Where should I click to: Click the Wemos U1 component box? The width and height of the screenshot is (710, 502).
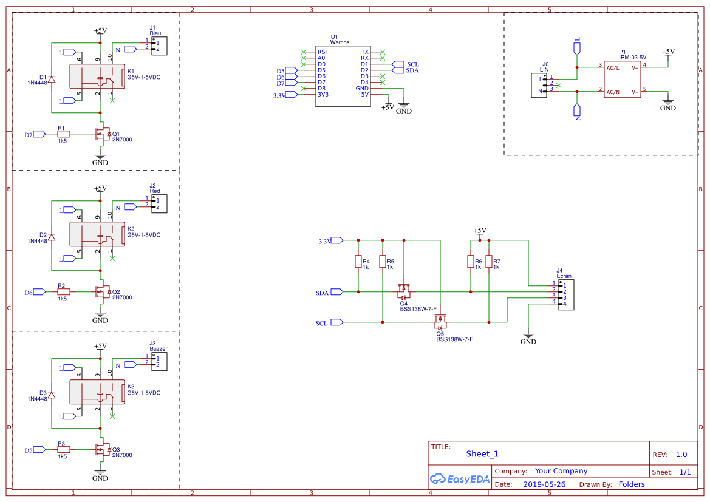[x=343, y=77]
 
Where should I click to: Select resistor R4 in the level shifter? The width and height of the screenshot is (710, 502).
[x=358, y=262]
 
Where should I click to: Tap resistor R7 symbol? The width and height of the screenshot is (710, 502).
[x=489, y=262]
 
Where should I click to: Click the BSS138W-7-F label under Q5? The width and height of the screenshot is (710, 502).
[x=454, y=339]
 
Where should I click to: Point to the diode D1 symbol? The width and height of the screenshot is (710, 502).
[x=52, y=79]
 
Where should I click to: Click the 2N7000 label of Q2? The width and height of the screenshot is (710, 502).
[x=122, y=297]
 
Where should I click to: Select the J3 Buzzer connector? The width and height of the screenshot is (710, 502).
[x=159, y=362]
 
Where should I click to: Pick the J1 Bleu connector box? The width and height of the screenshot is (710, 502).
[x=159, y=46]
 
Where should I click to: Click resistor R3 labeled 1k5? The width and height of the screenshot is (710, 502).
[x=63, y=450]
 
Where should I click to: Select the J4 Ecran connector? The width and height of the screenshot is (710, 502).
[x=565, y=294]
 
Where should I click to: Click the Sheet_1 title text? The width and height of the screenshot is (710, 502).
[x=482, y=453]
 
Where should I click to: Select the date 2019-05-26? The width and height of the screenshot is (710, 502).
[x=544, y=484]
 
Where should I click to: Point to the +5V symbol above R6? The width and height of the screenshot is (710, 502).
[x=480, y=231]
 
